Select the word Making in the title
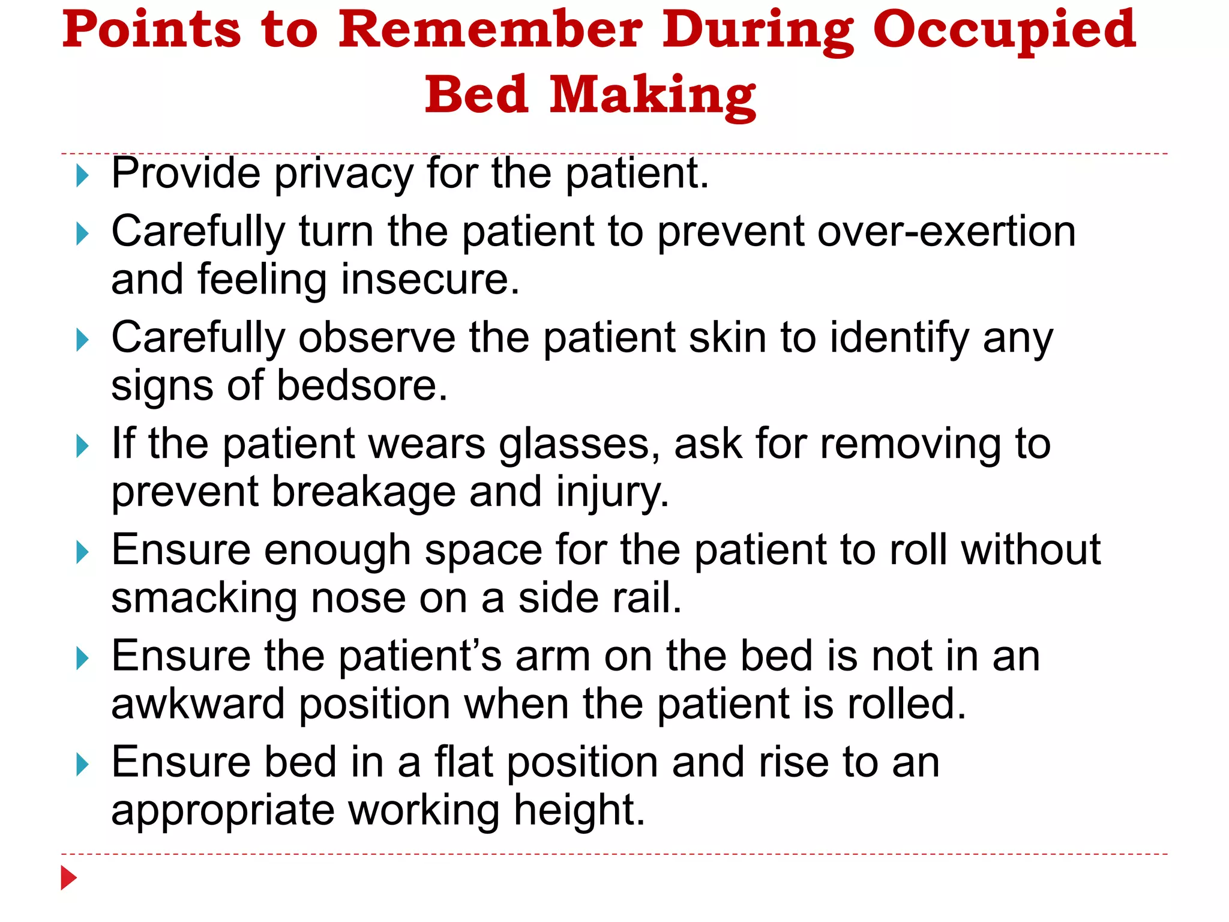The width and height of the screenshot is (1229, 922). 652,96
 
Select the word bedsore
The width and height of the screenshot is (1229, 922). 362,385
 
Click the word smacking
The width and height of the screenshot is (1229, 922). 203,598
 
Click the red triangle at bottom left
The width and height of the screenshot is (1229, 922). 68,878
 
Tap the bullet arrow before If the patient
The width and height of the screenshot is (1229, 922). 83,447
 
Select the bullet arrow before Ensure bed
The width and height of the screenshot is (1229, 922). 83,765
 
